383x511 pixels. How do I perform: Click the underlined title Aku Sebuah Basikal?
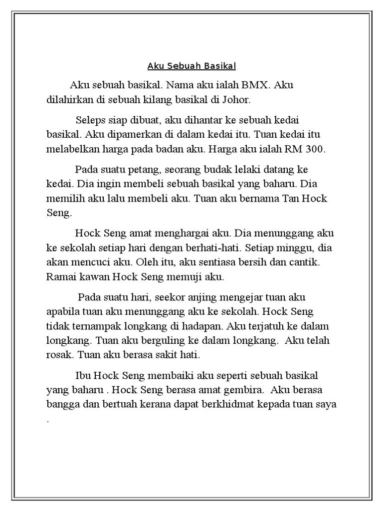(191, 66)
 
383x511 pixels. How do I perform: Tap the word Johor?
(237, 99)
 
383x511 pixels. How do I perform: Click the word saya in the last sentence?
(325, 404)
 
